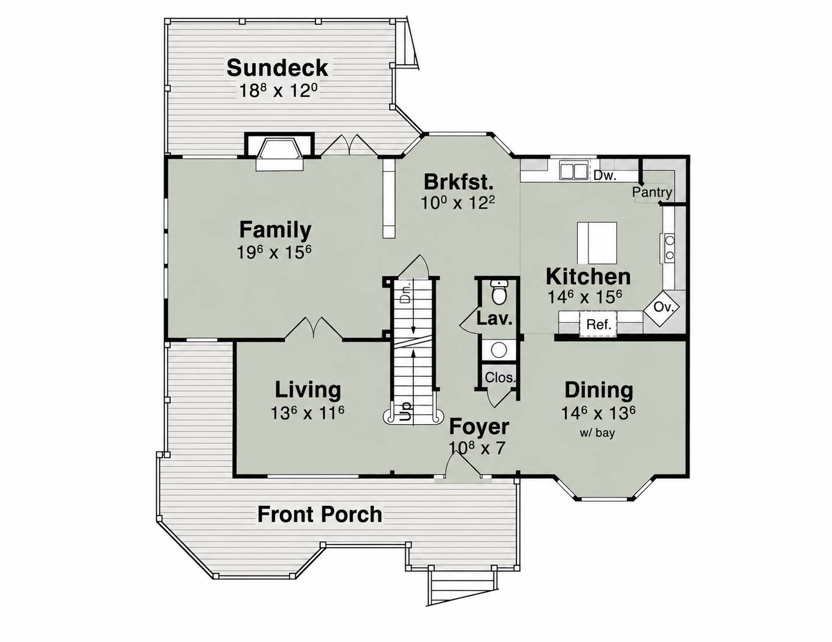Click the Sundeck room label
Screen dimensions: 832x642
(277, 68)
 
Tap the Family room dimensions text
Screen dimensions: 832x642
(274, 252)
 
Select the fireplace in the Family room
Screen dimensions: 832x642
(279, 153)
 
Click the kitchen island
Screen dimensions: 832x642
(597, 242)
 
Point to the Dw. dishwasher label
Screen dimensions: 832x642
(605, 175)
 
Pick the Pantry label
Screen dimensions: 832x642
(652, 192)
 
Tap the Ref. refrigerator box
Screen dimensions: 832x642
(598, 324)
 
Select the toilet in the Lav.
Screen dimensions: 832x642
(499, 291)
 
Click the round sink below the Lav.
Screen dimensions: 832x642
(499, 350)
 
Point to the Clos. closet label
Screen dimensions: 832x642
(500, 378)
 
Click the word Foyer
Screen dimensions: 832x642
(479, 426)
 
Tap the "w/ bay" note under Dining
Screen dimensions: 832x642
(597, 433)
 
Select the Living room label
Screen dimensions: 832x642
(308, 390)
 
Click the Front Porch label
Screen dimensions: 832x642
(320, 514)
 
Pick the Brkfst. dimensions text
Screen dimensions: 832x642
(458, 203)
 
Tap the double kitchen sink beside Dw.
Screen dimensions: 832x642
(574, 170)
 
